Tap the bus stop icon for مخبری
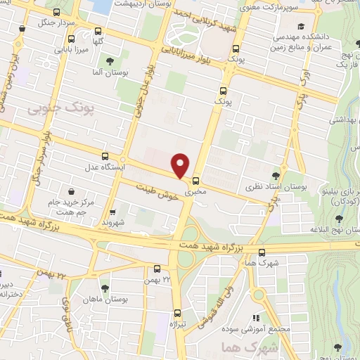pos(196,179)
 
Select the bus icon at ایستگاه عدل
pos(105,156)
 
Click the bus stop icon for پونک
pos(224,90)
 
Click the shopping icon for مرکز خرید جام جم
pos(72,191)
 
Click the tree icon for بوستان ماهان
pos(105,288)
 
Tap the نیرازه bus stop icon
pos(177,314)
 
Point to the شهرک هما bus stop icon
pos(262,253)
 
